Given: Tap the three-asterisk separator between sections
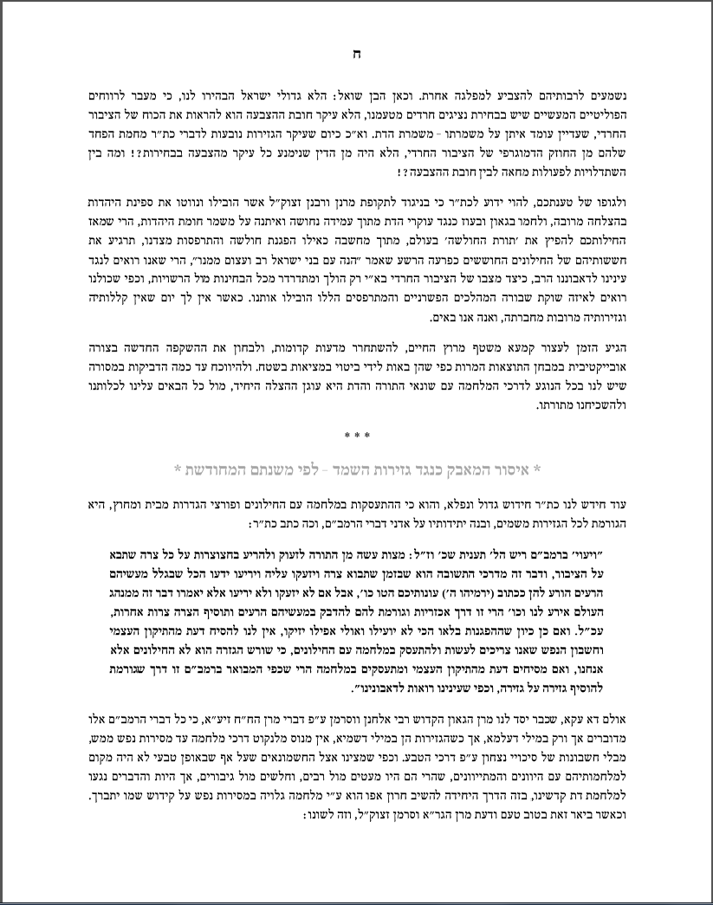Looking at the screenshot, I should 356,436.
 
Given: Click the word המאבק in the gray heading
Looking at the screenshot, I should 459,469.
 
